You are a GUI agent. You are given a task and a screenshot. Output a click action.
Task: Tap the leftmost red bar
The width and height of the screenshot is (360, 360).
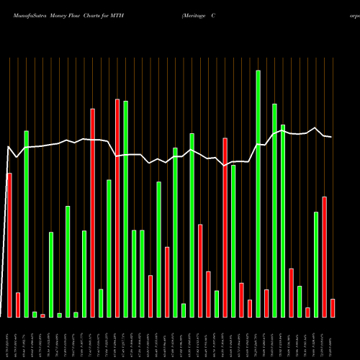[9, 245]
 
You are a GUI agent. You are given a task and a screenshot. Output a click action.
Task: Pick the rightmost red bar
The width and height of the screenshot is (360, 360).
[332, 307]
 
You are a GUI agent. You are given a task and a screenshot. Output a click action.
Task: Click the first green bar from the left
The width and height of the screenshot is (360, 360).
[26, 223]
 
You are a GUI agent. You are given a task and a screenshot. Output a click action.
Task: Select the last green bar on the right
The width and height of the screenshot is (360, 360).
[315, 264]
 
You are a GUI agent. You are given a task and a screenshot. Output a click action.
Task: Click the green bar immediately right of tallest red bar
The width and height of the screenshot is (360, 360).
[125, 209]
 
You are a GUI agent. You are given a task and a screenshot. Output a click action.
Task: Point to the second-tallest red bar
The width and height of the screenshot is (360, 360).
[92, 212]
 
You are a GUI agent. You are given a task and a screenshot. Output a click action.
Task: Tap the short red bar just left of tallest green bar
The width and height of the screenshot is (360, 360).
[250, 308]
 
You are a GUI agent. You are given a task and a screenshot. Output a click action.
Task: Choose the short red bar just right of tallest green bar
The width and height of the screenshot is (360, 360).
[266, 303]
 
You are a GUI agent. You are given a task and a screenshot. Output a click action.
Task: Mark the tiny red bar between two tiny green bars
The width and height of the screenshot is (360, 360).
[42, 315]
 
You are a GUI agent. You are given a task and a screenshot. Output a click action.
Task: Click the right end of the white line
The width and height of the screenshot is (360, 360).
[332, 137]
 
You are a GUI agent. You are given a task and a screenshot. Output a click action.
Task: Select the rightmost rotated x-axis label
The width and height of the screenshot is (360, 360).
[332, 338]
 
